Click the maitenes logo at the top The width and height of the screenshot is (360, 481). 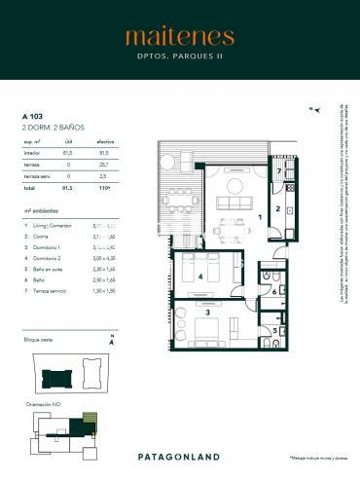click(x=179, y=37)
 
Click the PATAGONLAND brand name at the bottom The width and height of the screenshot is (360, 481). click(x=179, y=455)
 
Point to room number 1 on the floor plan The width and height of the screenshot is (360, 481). click(x=259, y=215)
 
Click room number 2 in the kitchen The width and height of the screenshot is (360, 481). click(x=277, y=208)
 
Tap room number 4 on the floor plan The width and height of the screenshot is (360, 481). click(x=200, y=277)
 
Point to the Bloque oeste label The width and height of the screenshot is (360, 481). click(x=41, y=339)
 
